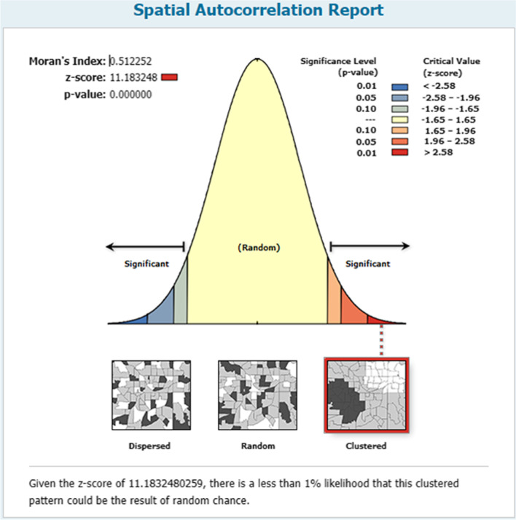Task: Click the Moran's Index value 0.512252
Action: pos(131,61)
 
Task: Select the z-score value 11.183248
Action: pos(133,78)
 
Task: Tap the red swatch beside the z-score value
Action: pos(169,77)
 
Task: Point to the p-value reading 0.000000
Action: pos(130,95)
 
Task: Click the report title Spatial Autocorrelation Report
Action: pos(258,10)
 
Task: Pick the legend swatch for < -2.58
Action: pos(400,87)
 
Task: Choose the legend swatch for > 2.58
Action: pos(400,152)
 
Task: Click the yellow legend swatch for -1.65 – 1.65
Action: pos(400,119)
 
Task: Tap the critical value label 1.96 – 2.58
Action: pos(450,141)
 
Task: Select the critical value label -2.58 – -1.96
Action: pos(450,98)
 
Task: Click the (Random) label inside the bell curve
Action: pos(259,248)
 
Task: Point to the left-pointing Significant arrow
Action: pos(145,246)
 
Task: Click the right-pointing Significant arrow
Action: pos(370,246)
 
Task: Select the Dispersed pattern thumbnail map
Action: pos(152,395)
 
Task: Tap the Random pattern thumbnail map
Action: pos(257,395)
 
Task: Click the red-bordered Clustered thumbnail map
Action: pos(367,395)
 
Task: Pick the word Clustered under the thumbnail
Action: pos(366,446)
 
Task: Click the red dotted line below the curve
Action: pos(381,340)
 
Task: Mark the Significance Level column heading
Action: pos(338,67)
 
